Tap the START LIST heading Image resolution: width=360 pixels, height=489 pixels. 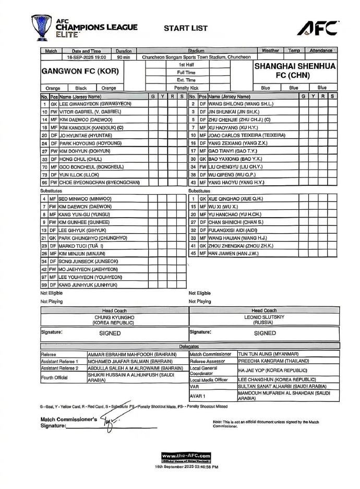(x=185, y=28)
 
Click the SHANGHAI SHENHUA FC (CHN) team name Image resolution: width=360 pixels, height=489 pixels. (x=295, y=71)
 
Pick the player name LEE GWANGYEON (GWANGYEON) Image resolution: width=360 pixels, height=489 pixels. (x=95, y=104)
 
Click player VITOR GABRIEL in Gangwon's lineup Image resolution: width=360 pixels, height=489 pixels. (x=90, y=112)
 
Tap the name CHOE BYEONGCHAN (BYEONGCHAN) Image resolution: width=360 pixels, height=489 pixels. (x=99, y=183)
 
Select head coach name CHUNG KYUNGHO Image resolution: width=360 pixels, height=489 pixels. (x=114, y=317)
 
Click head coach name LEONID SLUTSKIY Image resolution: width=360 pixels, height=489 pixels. (x=264, y=317)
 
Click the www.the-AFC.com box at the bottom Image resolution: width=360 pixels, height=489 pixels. (x=186, y=457)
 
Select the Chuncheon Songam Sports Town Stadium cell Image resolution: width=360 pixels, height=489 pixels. (x=196, y=57)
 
